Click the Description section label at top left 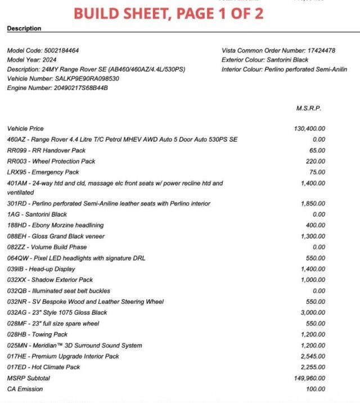pos(24,28)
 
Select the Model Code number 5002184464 pos(64,51)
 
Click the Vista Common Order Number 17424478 pos(321,51)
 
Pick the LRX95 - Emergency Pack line pos(43,172)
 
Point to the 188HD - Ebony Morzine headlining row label pos(56,226)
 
